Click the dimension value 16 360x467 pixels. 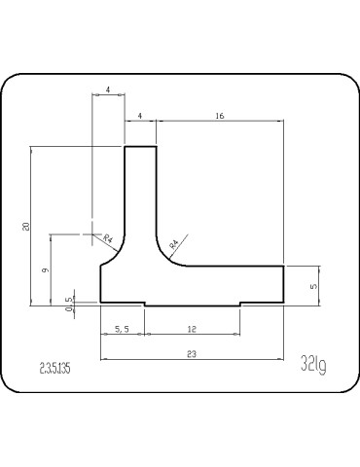[219, 116]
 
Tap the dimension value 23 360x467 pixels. [191, 355]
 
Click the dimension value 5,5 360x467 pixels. [123, 330]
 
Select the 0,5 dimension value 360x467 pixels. [68, 308]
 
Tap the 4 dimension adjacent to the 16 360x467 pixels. [141, 116]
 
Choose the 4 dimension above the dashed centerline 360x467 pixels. [108, 90]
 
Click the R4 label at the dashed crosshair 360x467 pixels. [108, 239]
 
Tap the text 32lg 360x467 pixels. [313, 366]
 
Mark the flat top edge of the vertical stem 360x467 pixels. [141, 147]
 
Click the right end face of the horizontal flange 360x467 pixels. [284, 284]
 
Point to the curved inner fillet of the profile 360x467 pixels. [163, 256]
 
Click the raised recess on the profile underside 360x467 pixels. [192, 303]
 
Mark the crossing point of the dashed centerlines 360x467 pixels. [92, 234]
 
